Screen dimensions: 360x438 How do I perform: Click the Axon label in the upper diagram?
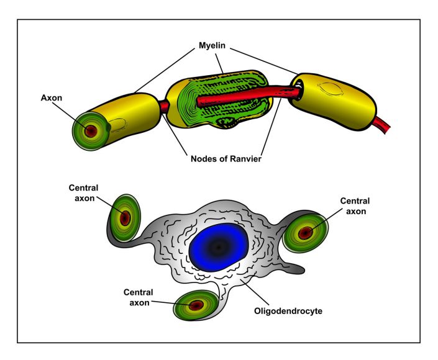click(53, 97)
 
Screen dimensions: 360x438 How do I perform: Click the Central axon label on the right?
click(355, 205)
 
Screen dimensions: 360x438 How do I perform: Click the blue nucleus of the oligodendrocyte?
click(217, 246)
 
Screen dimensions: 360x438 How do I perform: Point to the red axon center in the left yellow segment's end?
click(90, 131)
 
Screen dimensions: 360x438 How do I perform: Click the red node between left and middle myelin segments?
click(165, 107)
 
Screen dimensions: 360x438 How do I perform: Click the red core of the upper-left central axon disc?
click(124, 218)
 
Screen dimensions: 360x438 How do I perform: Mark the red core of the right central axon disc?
click(305, 233)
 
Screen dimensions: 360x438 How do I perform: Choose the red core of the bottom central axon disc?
click(196, 305)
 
